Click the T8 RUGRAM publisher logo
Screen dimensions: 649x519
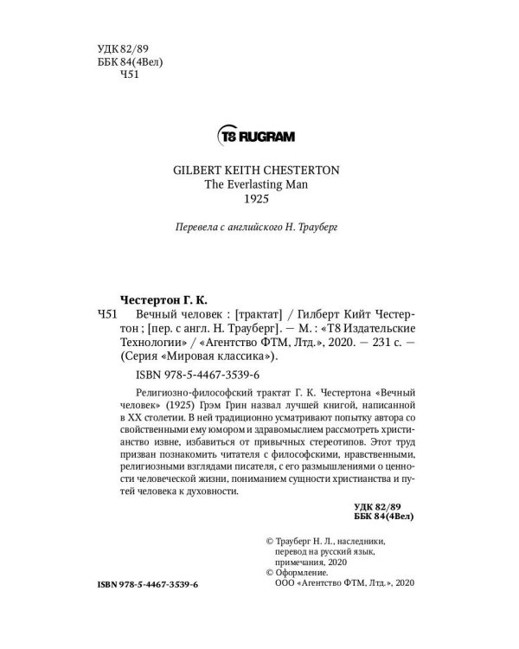coord(259,136)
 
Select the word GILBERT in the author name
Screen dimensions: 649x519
coord(192,171)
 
